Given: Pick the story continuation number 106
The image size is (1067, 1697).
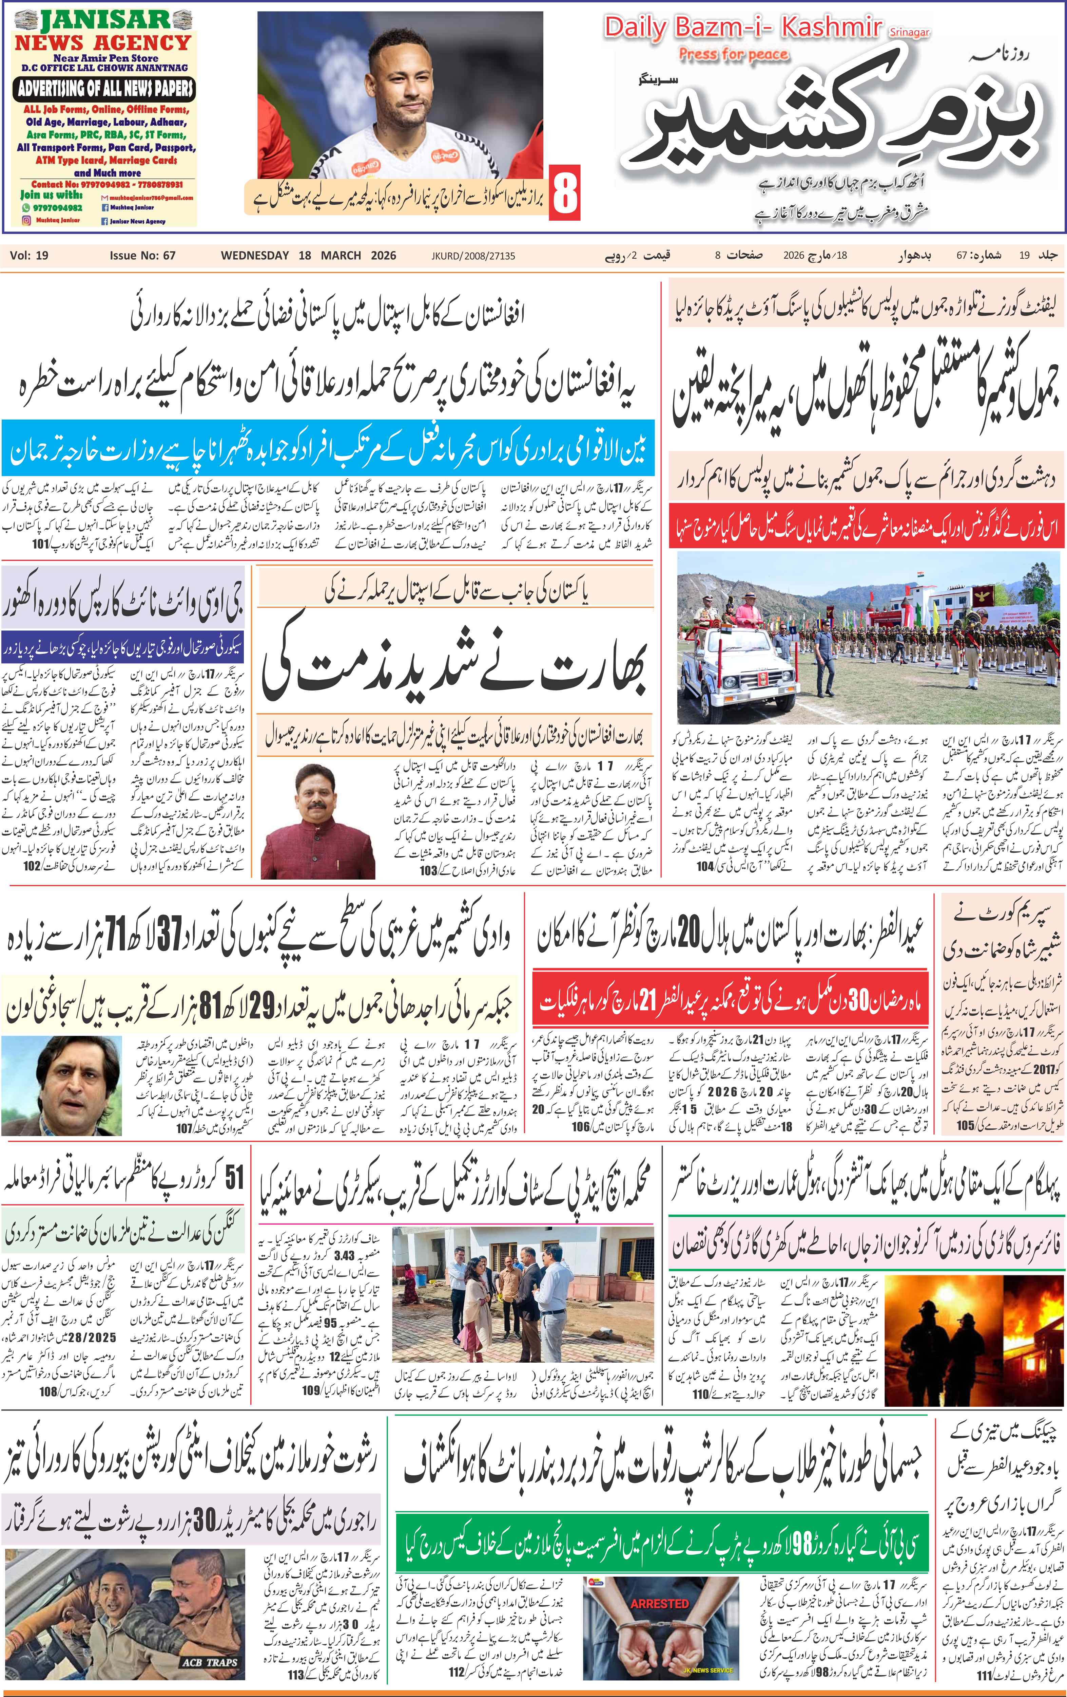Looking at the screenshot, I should click(581, 1126).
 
